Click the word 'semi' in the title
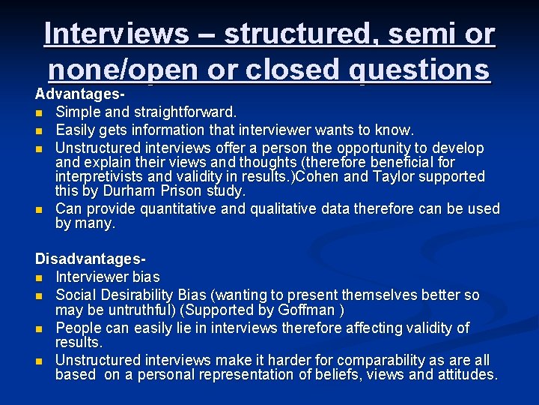click(x=417, y=34)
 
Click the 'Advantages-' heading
click(x=80, y=96)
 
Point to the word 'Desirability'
click(x=135, y=295)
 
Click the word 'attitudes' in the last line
click(x=466, y=374)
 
